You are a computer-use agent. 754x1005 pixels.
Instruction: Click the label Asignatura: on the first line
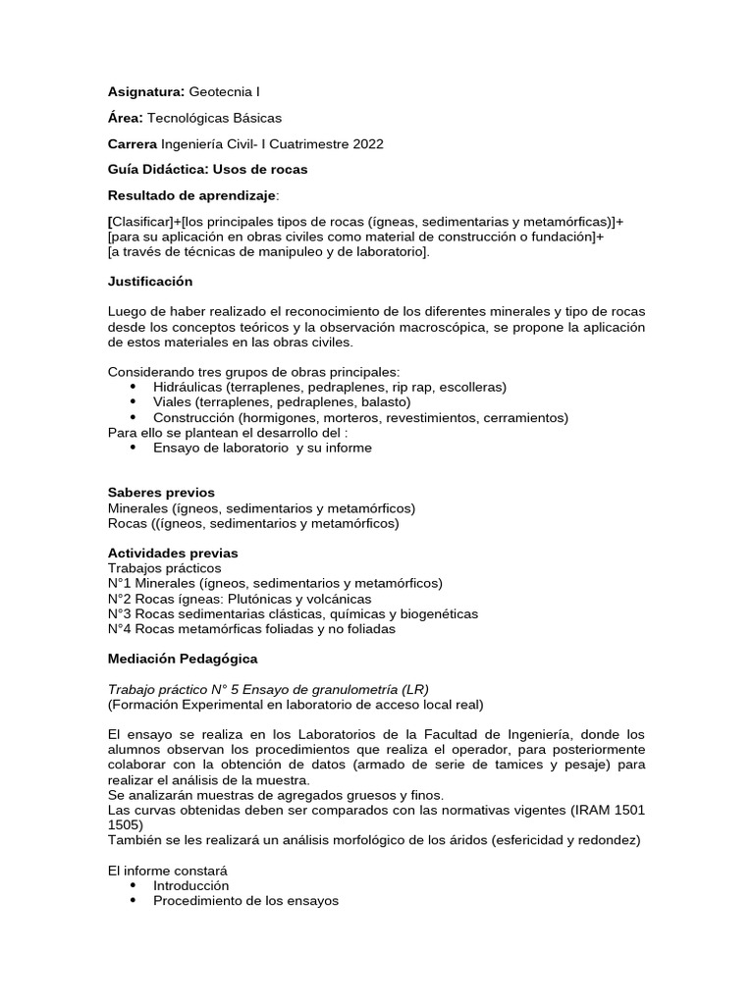click(145, 91)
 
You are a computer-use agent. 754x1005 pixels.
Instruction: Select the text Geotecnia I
click(225, 91)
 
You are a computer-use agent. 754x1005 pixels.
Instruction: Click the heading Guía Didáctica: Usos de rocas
click(207, 169)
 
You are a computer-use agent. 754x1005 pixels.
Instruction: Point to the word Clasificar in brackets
click(144, 221)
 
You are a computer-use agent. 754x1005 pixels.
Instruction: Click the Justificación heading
click(150, 281)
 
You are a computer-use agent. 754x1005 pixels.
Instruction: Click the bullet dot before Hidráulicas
click(133, 388)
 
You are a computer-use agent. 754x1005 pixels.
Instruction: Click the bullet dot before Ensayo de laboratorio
click(133, 448)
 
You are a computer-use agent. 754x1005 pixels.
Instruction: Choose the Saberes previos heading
click(161, 492)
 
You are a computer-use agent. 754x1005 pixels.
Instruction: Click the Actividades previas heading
click(172, 553)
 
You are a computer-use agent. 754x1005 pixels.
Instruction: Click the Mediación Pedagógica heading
click(183, 658)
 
